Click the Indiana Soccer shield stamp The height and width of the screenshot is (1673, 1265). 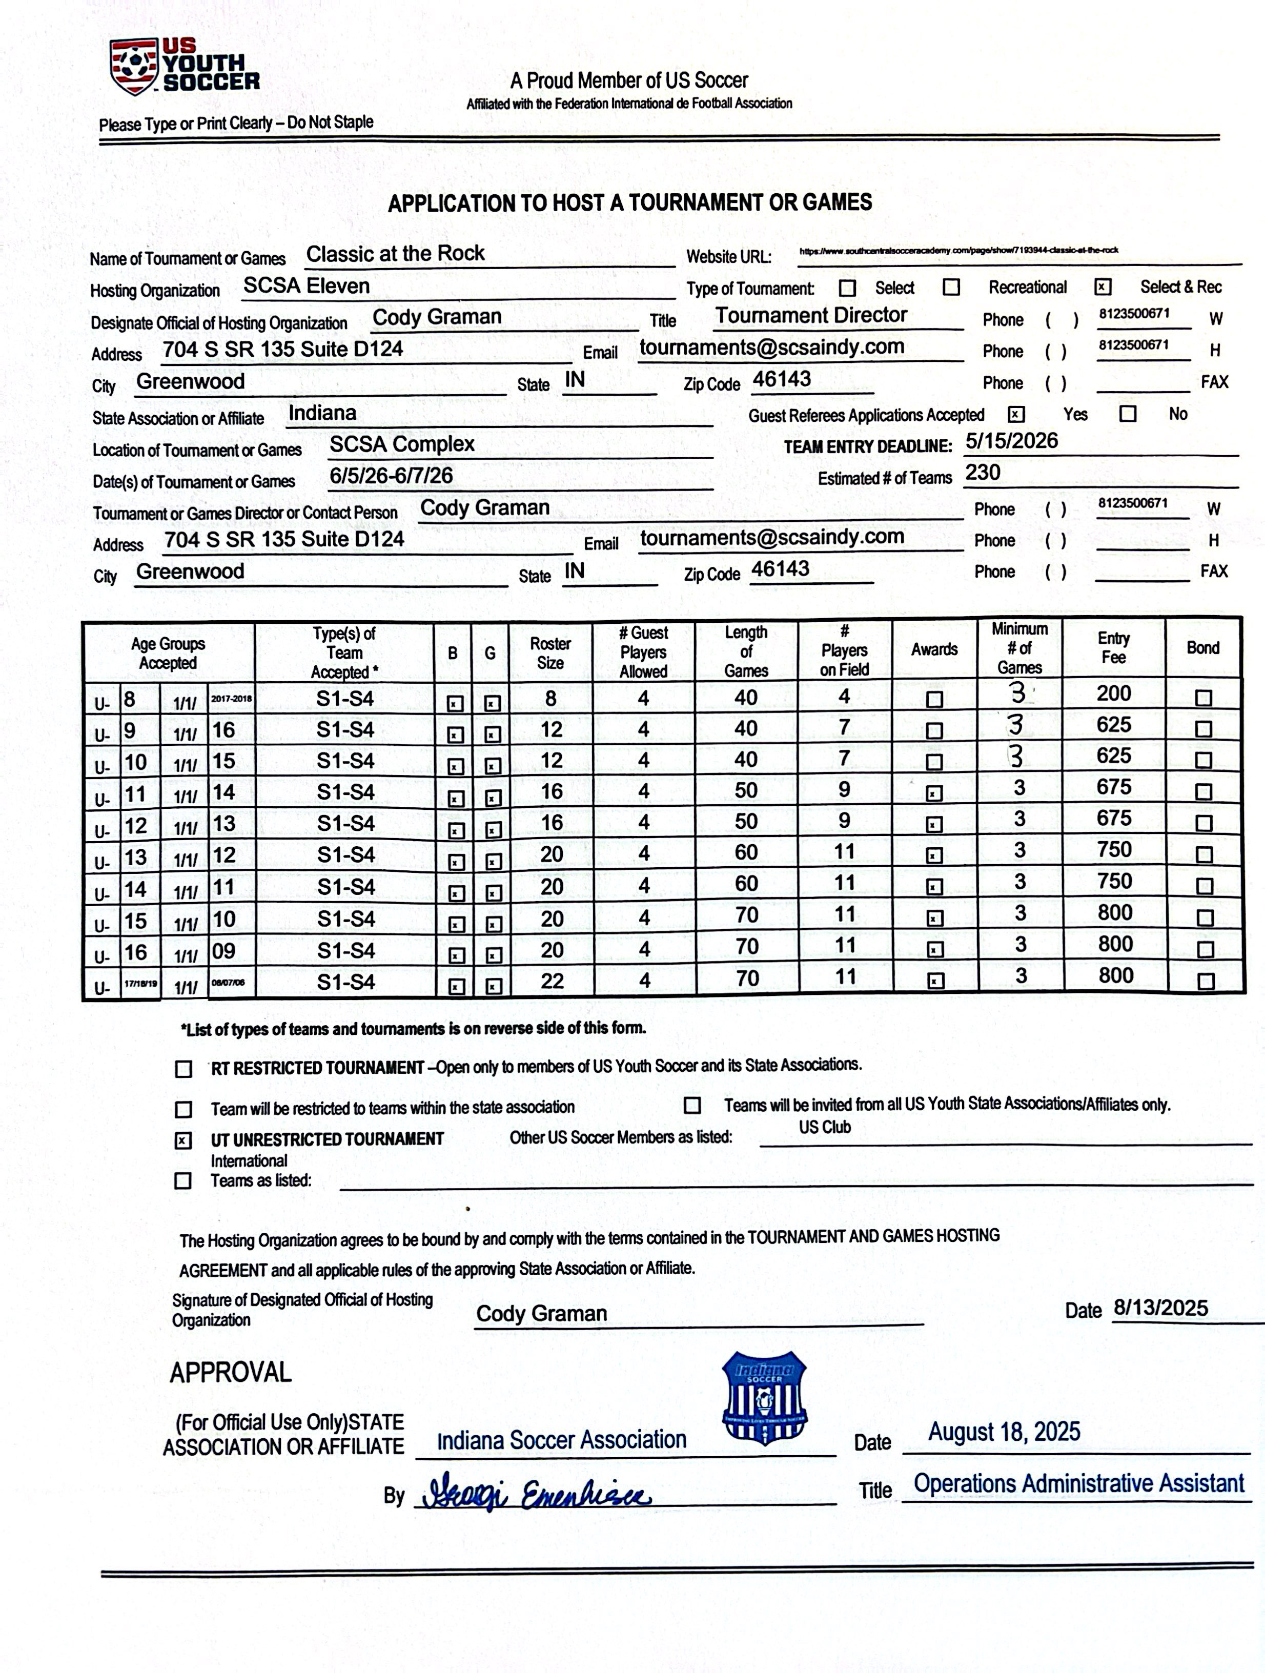click(764, 1398)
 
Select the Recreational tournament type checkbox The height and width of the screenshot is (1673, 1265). click(951, 288)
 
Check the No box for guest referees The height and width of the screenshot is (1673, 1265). click(1128, 414)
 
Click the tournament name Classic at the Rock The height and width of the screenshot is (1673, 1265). click(395, 254)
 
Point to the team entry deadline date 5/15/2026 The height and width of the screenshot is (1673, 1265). click(1011, 442)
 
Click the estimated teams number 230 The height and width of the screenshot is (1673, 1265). click(982, 473)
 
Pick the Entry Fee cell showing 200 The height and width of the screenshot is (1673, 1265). click(1114, 693)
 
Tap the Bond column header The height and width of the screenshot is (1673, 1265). click(1202, 648)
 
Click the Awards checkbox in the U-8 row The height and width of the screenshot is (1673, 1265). click(934, 700)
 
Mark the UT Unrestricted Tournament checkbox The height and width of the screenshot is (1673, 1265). click(183, 1140)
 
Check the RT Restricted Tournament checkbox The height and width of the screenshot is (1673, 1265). click(183, 1069)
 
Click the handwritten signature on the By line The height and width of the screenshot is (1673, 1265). click(535, 1494)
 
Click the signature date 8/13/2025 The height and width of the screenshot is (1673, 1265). click(1160, 1309)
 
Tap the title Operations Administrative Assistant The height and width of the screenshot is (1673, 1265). click(1078, 1484)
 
